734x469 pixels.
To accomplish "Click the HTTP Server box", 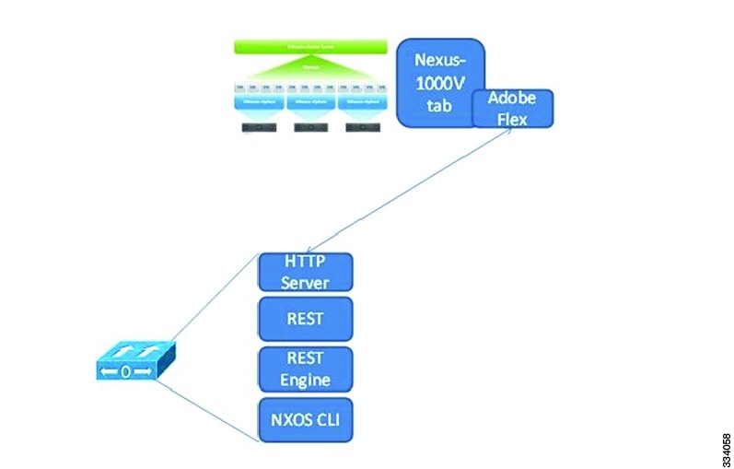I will tap(306, 271).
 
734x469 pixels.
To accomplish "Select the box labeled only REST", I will tap(306, 319).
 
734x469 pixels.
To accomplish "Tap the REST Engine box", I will tap(306, 369).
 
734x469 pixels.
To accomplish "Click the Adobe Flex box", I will tap(513, 109).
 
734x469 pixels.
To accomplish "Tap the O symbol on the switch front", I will tap(125, 372).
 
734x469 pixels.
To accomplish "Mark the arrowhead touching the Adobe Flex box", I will tap(509, 131).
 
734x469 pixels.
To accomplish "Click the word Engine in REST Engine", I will tap(306, 379).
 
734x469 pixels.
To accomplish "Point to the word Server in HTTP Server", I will tap(306, 281).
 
